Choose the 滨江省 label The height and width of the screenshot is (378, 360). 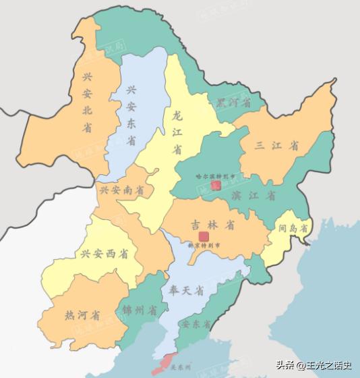(252, 196)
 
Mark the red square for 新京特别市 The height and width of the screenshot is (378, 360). (204, 236)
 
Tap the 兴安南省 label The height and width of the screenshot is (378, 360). (122, 191)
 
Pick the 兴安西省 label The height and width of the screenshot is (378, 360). (104, 254)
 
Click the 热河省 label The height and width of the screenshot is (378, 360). (82, 315)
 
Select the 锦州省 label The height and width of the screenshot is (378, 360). (140, 311)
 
